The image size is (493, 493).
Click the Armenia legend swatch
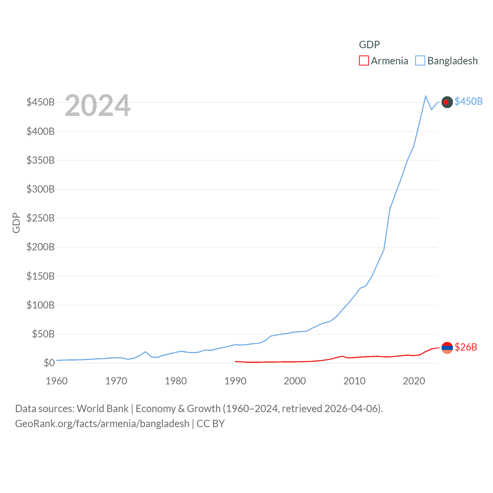pos(364,61)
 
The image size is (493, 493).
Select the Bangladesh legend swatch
pos(420,61)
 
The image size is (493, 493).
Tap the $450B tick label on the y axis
pos(40,102)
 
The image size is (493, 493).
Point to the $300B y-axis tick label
pos(40,189)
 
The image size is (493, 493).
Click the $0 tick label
pos(49,363)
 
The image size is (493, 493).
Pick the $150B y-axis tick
pos(40,276)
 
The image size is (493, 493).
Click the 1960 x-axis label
pos(57,381)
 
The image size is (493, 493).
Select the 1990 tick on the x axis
pos(235,381)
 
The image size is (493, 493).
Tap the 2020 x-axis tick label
pos(414,381)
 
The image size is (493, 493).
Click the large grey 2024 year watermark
pos(97,106)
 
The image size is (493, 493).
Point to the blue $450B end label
pos(468,101)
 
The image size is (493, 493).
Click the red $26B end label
pos(466,347)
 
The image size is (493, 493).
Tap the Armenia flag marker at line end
pos(447,348)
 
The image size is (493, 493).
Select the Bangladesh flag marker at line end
pos(447,102)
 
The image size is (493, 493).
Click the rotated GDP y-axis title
pos(16,223)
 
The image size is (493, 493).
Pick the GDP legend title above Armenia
pos(369,45)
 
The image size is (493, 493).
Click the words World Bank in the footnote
pos(102,408)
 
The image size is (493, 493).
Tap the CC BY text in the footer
pos(210,424)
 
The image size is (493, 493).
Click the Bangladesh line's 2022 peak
pos(426,96)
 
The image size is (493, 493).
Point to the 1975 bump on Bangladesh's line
pos(146,352)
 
